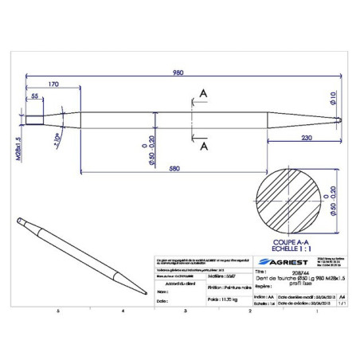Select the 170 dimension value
54,84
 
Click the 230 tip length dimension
307,139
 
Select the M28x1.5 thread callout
18,147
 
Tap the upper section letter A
204,93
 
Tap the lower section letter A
204,147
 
